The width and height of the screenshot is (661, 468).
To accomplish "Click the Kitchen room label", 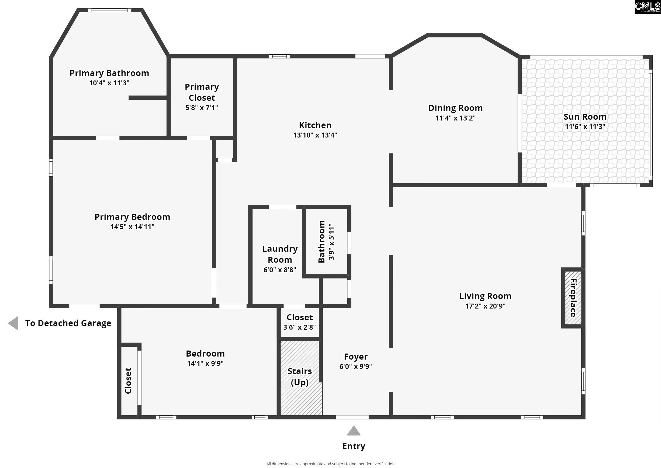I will point(315,125).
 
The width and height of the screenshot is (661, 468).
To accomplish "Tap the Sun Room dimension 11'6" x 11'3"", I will point(585,127).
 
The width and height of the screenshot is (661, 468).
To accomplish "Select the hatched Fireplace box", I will point(573,298).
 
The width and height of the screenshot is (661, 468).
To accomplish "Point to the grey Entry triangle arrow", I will point(354,431).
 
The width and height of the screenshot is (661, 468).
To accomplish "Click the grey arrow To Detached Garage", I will point(13,323).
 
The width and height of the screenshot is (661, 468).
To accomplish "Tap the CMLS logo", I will point(647,7).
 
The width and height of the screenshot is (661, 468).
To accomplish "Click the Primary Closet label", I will point(202,92).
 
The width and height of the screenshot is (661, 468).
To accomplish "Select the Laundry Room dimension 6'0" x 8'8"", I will point(280,270).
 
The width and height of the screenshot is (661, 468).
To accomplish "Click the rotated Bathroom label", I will point(321,242).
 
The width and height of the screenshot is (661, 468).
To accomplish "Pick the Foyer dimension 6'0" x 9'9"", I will point(356,366).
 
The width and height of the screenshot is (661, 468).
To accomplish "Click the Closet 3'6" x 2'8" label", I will point(299,317).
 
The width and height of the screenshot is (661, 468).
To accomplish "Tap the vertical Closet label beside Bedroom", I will point(128,380).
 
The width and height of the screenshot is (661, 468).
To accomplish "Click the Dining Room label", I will point(455,108).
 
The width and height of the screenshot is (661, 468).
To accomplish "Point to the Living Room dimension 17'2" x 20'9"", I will point(485,306).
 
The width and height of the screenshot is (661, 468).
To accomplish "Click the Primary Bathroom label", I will point(109,73).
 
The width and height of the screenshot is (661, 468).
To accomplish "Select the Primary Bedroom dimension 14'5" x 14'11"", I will point(132,227).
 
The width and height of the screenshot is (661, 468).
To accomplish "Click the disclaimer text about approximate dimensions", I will point(330,464).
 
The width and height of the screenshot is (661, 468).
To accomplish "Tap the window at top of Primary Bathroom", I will point(109,10).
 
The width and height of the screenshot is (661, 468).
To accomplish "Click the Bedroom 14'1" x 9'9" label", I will point(205,354).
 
